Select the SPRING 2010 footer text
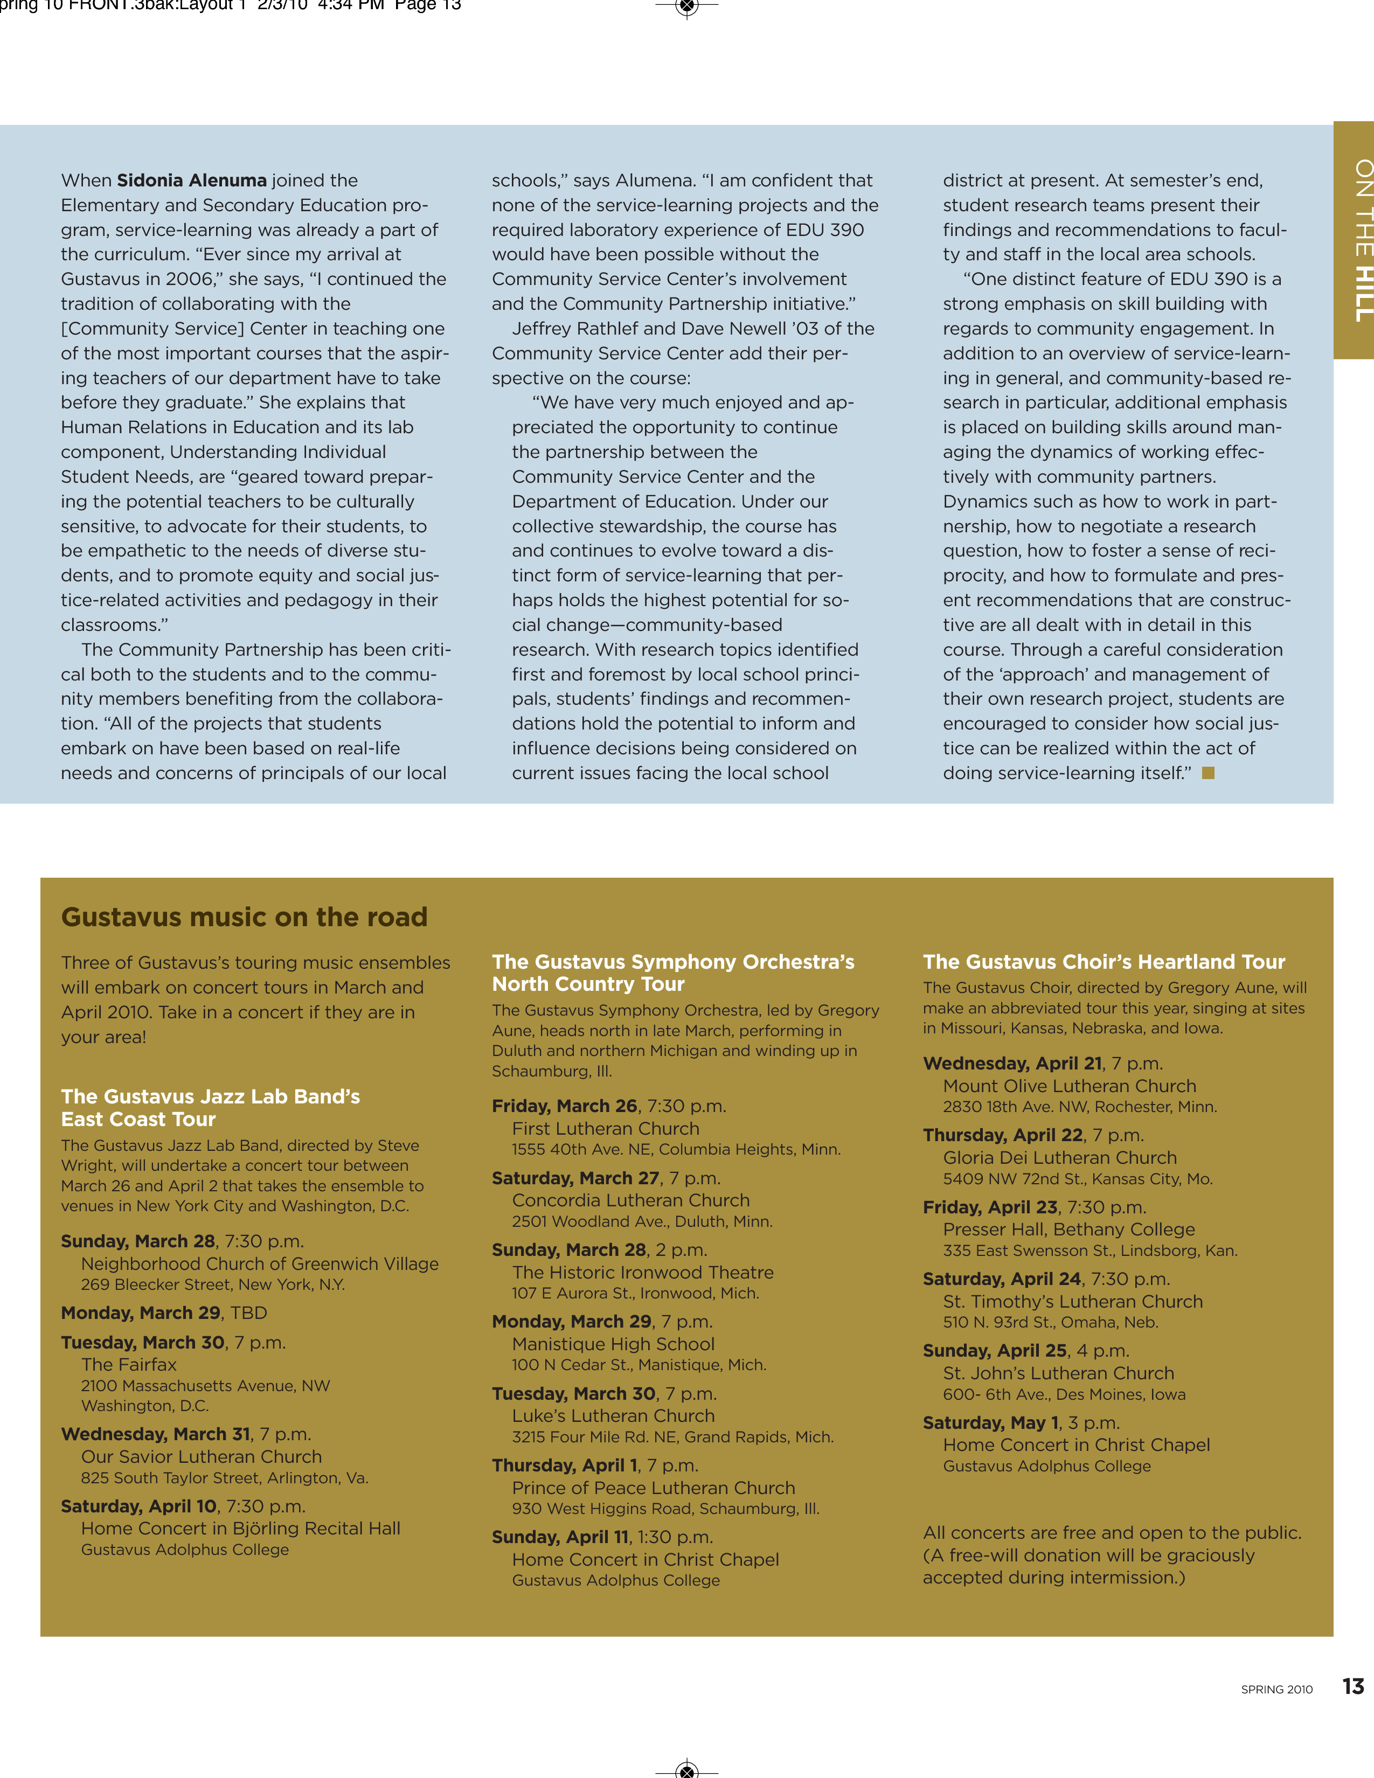[1276, 1689]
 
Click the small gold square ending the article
[1208, 773]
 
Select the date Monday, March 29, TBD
[164, 1312]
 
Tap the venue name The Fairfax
[129, 1364]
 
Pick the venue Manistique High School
[613, 1344]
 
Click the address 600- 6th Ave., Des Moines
[1064, 1394]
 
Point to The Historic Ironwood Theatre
[642, 1273]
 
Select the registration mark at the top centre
[687, 8]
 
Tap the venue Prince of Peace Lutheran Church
[653, 1488]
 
